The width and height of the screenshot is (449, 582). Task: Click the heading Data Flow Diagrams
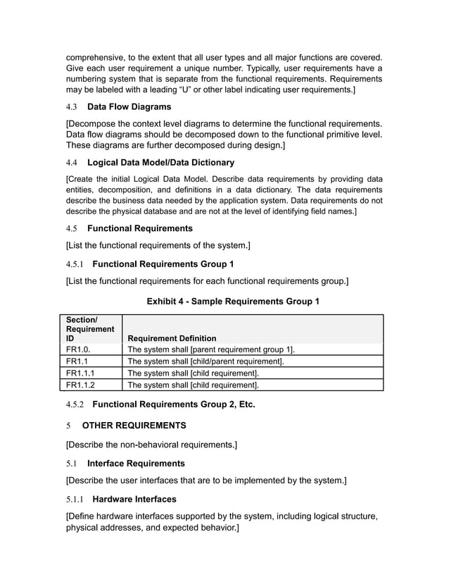129,107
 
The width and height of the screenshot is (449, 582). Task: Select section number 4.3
72,107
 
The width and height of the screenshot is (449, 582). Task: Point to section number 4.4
72,162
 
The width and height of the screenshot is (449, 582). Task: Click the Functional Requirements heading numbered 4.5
139,228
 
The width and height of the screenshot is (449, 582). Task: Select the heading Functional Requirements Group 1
163,264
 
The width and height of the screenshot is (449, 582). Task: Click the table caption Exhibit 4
232,302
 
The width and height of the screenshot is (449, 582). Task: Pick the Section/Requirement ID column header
89,329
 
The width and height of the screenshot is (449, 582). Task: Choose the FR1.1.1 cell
80,373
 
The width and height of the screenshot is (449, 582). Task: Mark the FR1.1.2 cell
80,385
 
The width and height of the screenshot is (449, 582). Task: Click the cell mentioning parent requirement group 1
210,349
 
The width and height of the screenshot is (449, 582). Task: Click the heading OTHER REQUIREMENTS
134,426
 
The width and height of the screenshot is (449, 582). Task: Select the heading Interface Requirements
136,463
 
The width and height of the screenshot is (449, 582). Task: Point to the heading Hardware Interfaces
134,499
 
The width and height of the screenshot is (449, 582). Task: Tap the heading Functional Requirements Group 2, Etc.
173,404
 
